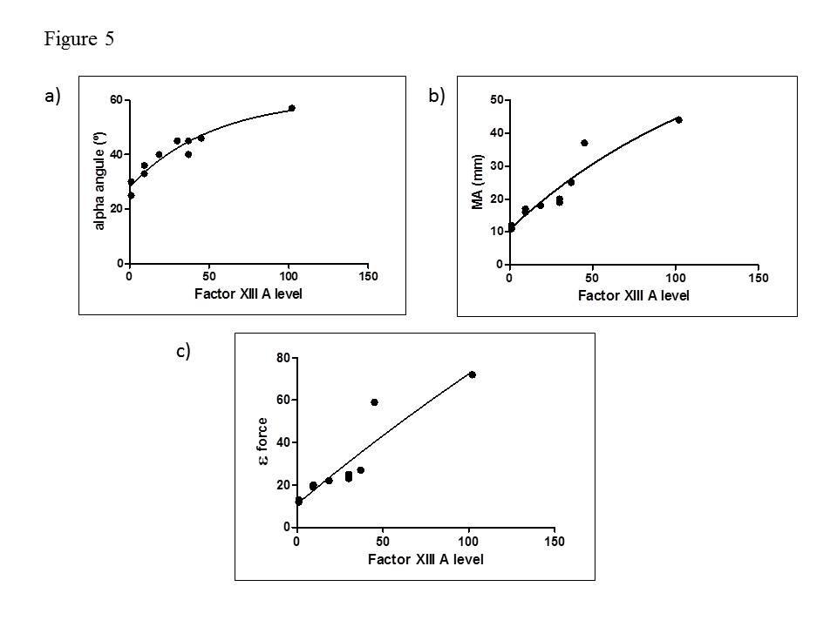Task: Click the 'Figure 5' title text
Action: point(78,39)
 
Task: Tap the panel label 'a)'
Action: point(52,98)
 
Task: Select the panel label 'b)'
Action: point(437,98)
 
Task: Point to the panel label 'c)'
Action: point(183,351)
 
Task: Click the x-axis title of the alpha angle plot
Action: point(248,293)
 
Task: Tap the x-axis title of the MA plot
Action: point(633,295)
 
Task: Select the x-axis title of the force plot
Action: point(425,558)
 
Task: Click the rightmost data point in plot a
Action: point(292,108)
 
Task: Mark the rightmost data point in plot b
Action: point(678,119)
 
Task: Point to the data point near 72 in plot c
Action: point(472,374)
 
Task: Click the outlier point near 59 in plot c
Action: point(374,402)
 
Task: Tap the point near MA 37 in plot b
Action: point(584,143)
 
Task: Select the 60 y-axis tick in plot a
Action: point(116,100)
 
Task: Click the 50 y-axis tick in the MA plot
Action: point(496,100)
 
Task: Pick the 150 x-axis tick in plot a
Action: point(368,277)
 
